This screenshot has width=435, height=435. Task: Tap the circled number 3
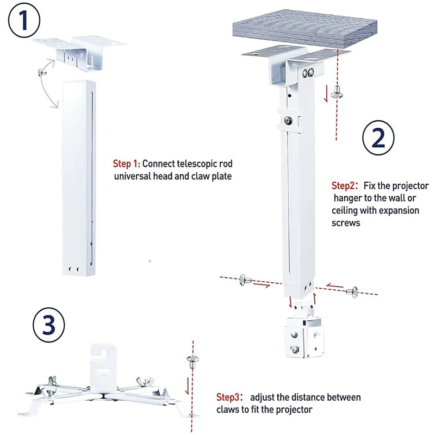(48, 326)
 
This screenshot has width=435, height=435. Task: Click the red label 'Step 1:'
(126, 163)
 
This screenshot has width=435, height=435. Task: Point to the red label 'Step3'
(231, 397)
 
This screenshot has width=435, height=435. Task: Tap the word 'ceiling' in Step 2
(346, 210)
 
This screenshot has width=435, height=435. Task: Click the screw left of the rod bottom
(243, 281)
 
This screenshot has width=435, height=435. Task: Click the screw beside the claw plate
(192, 359)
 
